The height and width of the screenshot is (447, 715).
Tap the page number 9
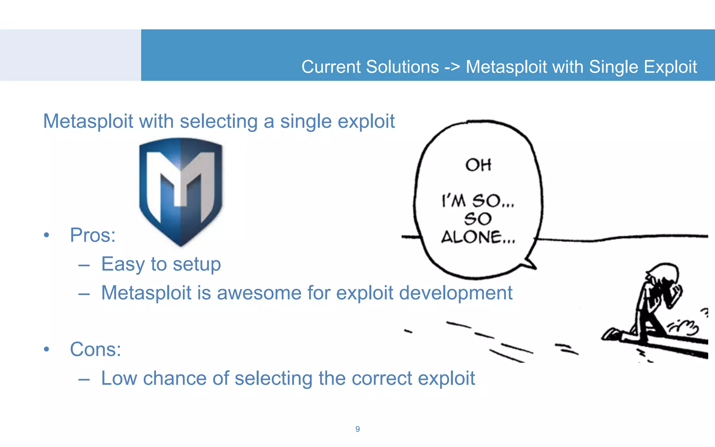coord(357,429)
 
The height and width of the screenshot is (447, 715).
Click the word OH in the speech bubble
coord(478,165)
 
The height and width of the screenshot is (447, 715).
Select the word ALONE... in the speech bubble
coord(478,237)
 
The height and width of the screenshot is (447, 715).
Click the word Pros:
coord(93,235)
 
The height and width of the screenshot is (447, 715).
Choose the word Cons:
coord(95,349)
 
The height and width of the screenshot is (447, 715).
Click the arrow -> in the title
coord(452,67)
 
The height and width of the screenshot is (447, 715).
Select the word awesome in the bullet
coord(259,293)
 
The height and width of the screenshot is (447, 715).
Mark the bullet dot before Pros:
coord(46,235)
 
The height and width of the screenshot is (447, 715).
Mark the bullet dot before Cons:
coord(46,349)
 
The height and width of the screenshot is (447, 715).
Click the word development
coord(456,293)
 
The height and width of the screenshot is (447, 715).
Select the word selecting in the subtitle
coord(219,122)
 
